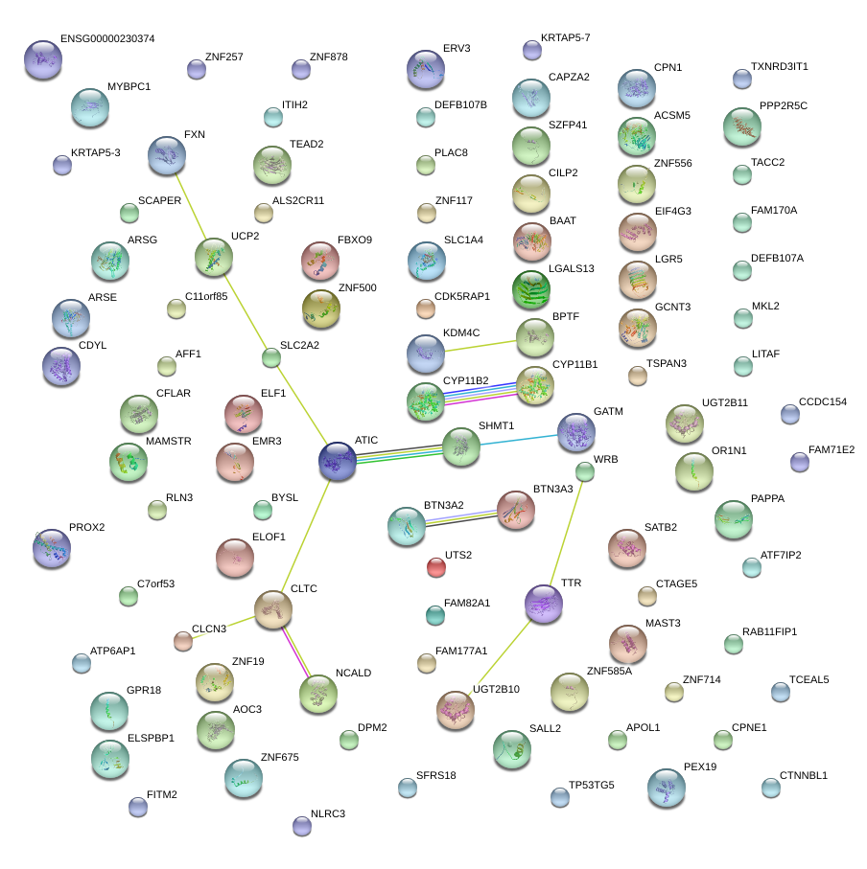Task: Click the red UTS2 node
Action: click(x=436, y=567)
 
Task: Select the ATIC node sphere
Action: click(x=338, y=461)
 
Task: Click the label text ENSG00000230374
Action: click(x=106, y=39)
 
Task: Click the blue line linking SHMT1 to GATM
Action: click(x=518, y=441)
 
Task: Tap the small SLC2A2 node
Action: click(x=271, y=358)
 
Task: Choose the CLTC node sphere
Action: click(x=272, y=608)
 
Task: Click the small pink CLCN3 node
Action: click(x=183, y=641)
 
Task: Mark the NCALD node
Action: click(x=318, y=695)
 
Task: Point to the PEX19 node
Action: click(x=666, y=788)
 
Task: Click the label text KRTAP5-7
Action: click(x=565, y=37)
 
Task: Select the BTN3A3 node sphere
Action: click(x=515, y=511)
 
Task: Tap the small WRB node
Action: click(x=585, y=471)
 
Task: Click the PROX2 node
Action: click(x=51, y=547)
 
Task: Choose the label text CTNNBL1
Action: click(x=803, y=775)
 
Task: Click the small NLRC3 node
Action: click(x=301, y=825)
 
